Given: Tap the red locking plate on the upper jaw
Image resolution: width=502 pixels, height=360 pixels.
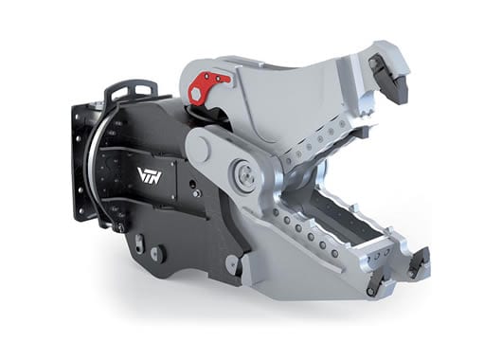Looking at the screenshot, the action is pyautogui.click(x=207, y=87).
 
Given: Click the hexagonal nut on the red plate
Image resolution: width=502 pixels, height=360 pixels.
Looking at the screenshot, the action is pyautogui.click(x=196, y=95).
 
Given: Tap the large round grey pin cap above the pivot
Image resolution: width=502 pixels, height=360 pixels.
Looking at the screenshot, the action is pyautogui.click(x=200, y=149).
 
